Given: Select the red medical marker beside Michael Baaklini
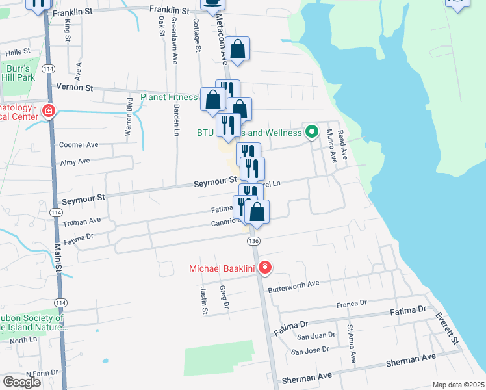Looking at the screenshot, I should click(x=264, y=268).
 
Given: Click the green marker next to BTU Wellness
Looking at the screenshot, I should click(x=312, y=133).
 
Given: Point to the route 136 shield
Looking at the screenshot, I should click(x=253, y=241).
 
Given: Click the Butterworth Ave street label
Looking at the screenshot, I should click(x=294, y=284).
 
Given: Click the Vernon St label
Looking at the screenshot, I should click(x=75, y=87).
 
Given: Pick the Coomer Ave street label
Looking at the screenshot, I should click(x=79, y=145).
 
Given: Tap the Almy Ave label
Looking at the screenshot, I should click(x=75, y=161).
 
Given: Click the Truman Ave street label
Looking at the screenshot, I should click(x=82, y=222).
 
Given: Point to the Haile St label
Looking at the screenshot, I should click(x=18, y=51).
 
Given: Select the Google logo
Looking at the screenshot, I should click(x=21, y=382).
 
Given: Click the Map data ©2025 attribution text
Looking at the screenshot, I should click(x=457, y=385).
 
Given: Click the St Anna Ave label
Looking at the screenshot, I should click(x=352, y=344).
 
